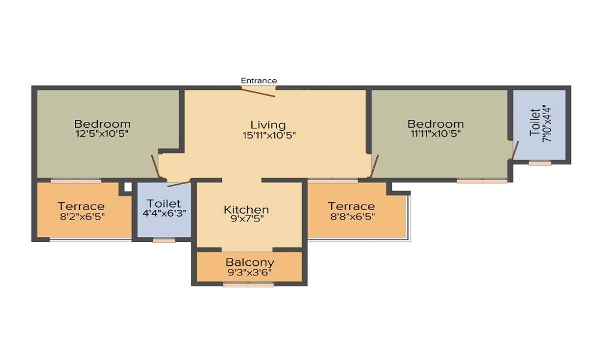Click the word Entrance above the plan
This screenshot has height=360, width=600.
pyautogui.click(x=259, y=81)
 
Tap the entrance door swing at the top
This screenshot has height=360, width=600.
pyautogui.click(x=258, y=92)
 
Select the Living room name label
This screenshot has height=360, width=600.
pyautogui.click(x=268, y=125)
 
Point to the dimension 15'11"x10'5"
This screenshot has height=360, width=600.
pyautogui.click(x=269, y=136)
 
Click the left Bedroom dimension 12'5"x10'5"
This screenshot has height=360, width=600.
pyautogui.click(x=102, y=134)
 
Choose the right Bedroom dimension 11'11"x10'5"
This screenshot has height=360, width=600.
pyautogui.click(x=436, y=134)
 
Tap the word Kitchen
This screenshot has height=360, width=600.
pyautogui.click(x=247, y=209)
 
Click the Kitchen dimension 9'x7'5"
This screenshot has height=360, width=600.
pyautogui.click(x=247, y=219)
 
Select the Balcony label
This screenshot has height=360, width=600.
pyautogui.click(x=250, y=262)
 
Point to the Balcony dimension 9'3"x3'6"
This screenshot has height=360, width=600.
pyautogui.click(x=250, y=273)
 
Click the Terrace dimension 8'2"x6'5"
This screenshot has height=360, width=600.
pyautogui.click(x=82, y=217)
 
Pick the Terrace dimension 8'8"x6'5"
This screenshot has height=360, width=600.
pyautogui.click(x=352, y=217)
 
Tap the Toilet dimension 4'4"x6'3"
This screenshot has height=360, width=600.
pyautogui.click(x=164, y=213)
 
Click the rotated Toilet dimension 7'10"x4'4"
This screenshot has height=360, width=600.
pyautogui.click(x=547, y=124)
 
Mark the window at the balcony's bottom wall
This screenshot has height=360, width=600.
pyautogui.click(x=248, y=284)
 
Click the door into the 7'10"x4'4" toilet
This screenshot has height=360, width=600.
pyautogui.click(x=515, y=150)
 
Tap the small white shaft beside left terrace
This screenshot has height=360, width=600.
pyautogui.click(x=128, y=187)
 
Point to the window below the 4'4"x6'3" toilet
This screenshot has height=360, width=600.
pyautogui.click(x=164, y=240)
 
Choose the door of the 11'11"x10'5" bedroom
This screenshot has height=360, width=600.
pyautogui.click(x=374, y=166)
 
